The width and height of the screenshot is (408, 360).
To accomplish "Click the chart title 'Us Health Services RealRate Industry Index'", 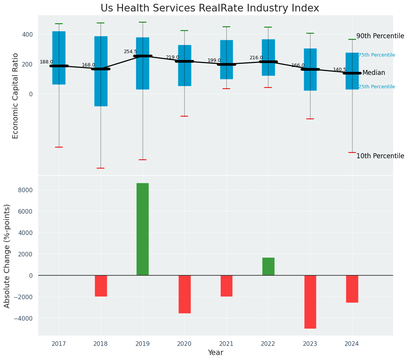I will pyautogui.click(x=210, y=8).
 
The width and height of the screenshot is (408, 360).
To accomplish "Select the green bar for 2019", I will pyautogui.click(x=143, y=229).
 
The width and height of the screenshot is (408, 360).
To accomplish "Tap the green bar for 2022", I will pyautogui.click(x=268, y=266).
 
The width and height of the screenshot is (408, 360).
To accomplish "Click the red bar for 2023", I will pyautogui.click(x=310, y=302).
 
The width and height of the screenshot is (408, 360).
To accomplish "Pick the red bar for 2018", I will pyautogui.click(x=101, y=285).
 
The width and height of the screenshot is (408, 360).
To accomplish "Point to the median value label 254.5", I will pyautogui.click(x=130, y=52).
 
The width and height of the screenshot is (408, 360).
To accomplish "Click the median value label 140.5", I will pyautogui.click(x=340, y=70).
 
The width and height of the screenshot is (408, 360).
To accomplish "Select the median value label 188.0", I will pyautogui.click(x=46, y=62).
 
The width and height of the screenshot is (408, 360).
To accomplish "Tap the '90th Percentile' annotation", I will pyautogui.click(x=380, y=36).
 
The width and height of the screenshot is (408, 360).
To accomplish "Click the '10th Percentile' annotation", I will pyautogui.click(x=380, y=156).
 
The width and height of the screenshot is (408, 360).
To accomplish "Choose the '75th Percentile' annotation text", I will pyautogui.click(x=377, y=55).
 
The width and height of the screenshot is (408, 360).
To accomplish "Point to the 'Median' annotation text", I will pyautogui.click(x=374, y=73).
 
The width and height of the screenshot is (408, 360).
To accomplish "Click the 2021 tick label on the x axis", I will pyautogui.click(x=226, y=344).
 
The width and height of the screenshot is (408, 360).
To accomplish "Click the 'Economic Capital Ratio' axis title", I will pyautogui.click(x=16, y=96).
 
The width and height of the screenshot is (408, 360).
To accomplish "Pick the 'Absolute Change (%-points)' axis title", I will pyautogui.click(x=7, y=256).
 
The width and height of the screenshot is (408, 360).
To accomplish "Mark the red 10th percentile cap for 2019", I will pyautogui.click(x=143, y=160).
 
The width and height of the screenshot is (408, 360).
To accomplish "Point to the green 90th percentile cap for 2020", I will pyautogui.click(x=184, y=31).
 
